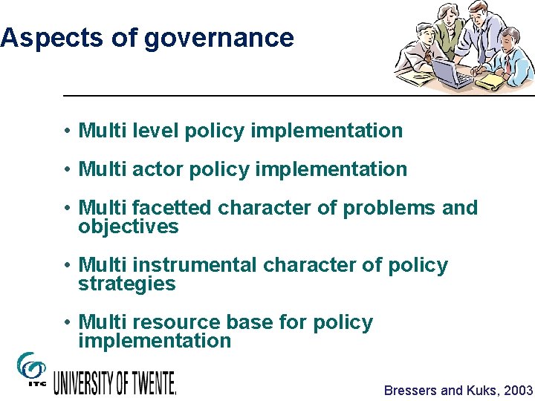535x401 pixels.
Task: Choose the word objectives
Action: [129, 226]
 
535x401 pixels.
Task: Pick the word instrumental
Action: [195, 265]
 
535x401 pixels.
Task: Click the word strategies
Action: [127, 284]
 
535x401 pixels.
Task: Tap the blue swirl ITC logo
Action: [30, 368]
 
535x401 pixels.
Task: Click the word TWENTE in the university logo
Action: [149, 382]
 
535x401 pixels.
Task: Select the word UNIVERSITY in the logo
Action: [83, 382]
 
